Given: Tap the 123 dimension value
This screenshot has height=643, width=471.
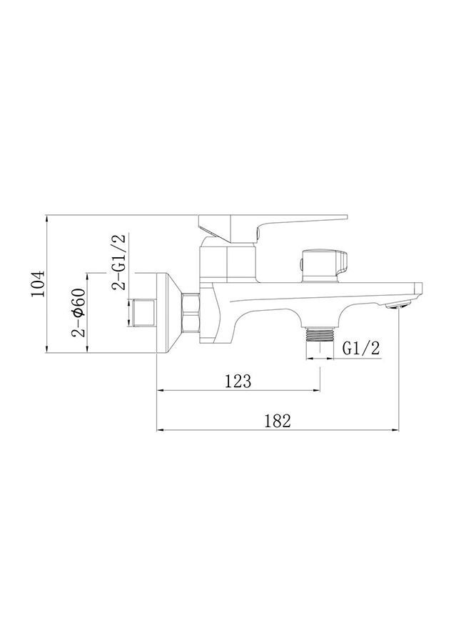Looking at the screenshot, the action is coord(238,381).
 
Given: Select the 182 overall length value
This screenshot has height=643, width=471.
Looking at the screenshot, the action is coord(278,421).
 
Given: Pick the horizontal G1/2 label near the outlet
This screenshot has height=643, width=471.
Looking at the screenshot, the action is coord(361,348).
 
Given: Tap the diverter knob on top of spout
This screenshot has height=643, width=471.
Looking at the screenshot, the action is coord(325,265).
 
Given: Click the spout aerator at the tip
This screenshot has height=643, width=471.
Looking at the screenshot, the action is coord(399,304).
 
